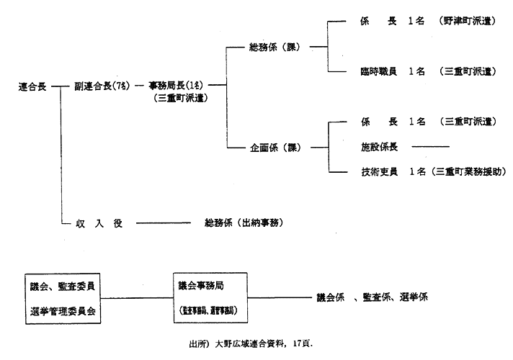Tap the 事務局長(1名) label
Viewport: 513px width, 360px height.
tap(177, 86)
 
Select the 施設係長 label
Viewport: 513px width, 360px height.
tap(380, 147)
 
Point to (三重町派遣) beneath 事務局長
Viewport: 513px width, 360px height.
tap(181, 99)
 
